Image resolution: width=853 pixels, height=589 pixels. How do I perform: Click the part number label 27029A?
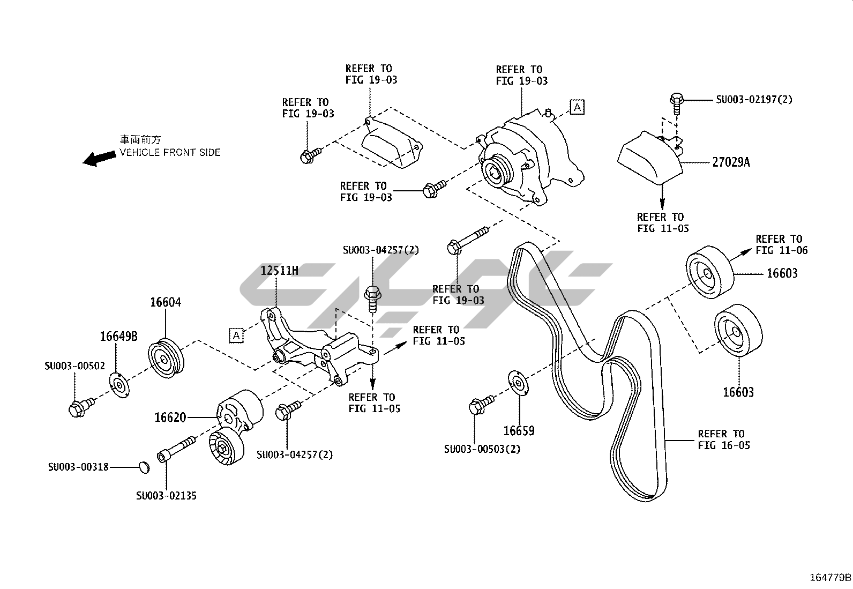[731, 162]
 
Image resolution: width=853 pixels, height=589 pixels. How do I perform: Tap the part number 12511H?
[279, 270]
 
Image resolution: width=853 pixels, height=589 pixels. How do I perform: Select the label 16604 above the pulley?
[165, 302]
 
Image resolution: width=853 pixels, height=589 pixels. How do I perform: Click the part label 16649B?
[118, 337]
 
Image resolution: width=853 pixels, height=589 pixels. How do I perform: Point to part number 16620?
[170, 417]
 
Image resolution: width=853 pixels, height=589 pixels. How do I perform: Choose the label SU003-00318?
[78, 467]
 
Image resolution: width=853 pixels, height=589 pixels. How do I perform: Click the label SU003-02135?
[166, 496]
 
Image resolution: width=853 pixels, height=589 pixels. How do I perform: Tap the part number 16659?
[519, 431]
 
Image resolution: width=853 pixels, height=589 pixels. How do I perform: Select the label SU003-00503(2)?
[482, 449]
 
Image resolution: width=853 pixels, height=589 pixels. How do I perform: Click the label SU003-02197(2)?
[754, 99]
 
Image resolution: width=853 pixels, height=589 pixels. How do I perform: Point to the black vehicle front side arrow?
[100, 158]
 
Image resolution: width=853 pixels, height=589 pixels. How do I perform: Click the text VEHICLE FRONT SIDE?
[170, 152]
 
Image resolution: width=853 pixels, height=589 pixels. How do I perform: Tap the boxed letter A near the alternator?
[577, 107]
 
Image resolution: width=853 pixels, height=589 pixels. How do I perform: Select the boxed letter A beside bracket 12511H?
[236, 335]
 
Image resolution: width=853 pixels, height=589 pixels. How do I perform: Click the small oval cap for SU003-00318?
[142, 467]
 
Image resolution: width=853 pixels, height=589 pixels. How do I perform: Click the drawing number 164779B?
[830, 577]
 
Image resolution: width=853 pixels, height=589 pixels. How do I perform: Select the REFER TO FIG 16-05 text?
[724, 439]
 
